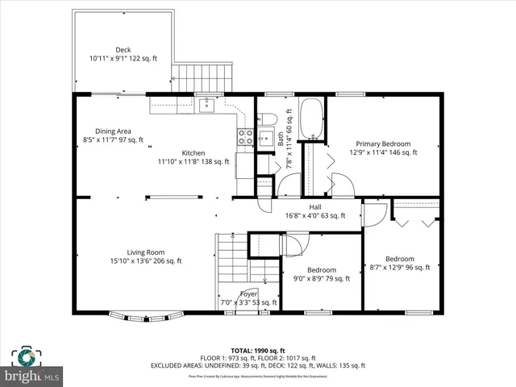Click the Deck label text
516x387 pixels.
pyautogui.click(x=123, y=49)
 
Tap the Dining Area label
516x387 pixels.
pyautogui.click(x=113, y=131)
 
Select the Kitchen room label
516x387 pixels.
pyautogui.click(x=193, y=153)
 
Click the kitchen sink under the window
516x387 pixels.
pyautogui.click(x=207, y=103)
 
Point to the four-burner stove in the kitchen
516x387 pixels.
pyautogui.click(x=245, y=137)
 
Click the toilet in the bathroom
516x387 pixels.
pyautogui.click(x=269, y=119)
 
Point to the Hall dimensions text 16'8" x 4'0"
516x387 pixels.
pyautogui.click(x=314, y=215)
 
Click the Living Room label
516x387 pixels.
pyautogui.click(x=145, y=252)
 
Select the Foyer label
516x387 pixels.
pyautogui.click(x=248, y=294)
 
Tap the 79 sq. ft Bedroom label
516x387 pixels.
pyautogui.click(x=321, y=270)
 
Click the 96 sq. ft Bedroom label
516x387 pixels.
pyautogui.click(x=399, y=259)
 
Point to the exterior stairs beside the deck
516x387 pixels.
pyautogui.click(x=202, y=78)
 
